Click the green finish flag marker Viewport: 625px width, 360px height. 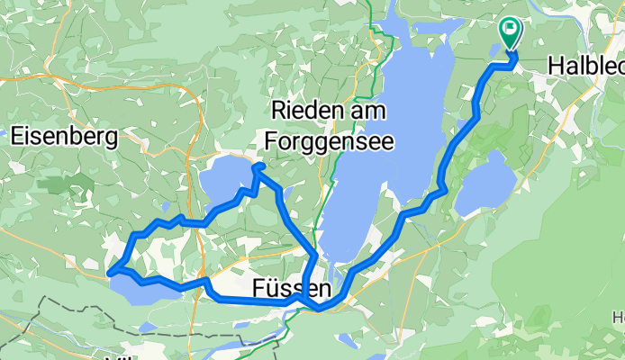[x=510, y=31]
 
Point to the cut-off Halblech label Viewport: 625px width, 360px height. [x=586, y=67]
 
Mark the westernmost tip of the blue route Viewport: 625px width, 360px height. [x=109, y=270]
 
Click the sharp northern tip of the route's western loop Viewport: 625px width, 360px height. [x=256, y=166]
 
